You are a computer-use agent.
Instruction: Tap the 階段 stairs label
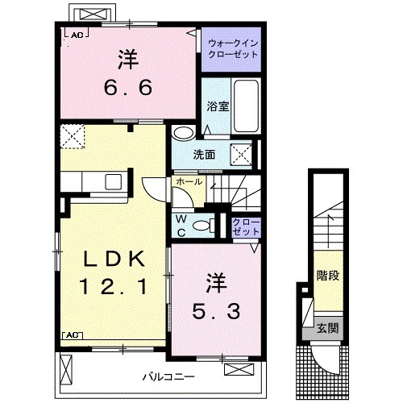(x=326, y=276)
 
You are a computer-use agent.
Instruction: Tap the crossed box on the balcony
(x=239, y=370)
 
